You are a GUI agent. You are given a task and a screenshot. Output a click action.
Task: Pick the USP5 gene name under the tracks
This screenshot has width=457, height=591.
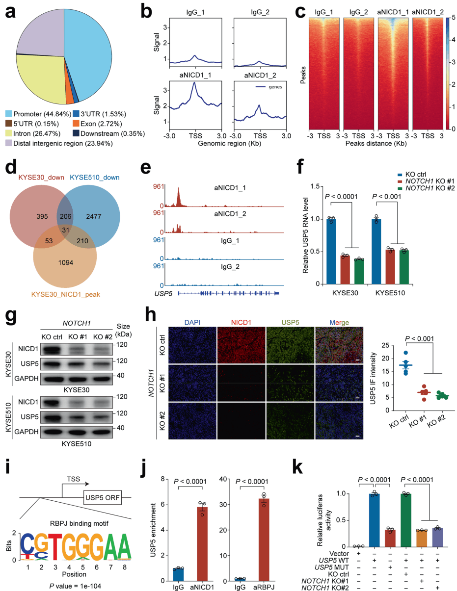click(x=162, y=293)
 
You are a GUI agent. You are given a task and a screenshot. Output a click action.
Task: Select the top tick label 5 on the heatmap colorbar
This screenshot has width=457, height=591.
click(x=453, y=18)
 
